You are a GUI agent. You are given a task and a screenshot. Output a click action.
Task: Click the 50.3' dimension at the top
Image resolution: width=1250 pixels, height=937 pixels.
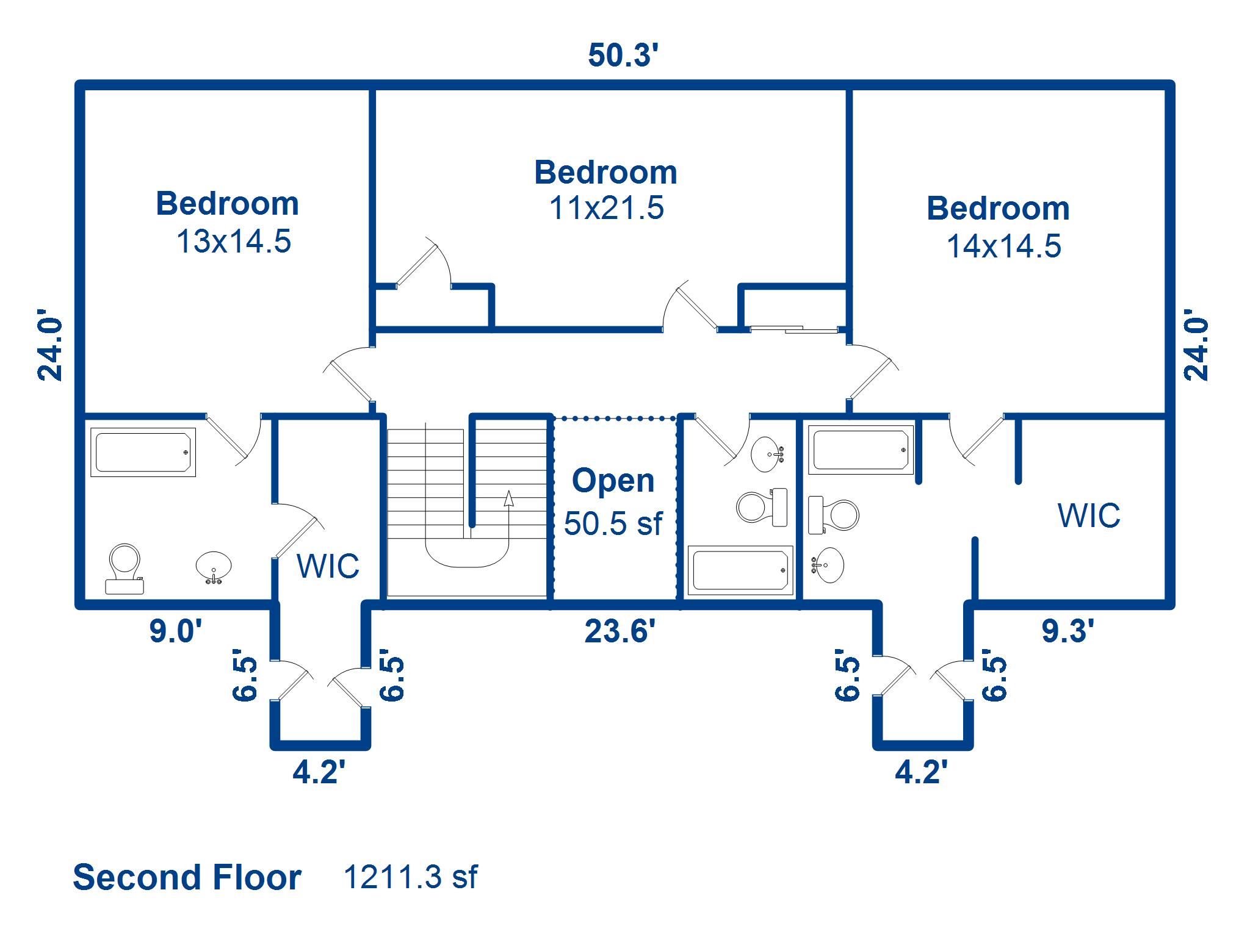(623, 55)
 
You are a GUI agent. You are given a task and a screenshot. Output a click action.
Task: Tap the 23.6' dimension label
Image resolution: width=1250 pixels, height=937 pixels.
(620, 631)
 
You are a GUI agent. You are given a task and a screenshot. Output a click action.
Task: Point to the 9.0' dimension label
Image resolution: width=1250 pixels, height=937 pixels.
(176, 631)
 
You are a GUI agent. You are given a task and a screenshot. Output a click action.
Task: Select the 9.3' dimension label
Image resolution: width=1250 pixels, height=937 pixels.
(1068, 631)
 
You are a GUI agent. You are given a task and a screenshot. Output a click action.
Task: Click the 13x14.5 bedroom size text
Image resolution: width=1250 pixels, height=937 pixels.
(234, 241)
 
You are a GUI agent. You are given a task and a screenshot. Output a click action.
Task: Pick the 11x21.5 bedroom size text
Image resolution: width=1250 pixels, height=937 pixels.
(607, 207)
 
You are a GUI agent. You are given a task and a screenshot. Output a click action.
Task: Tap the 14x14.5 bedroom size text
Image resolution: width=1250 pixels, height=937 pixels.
(1004, 246)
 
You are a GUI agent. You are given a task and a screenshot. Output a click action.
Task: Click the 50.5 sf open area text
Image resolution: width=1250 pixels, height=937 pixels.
(613, 523)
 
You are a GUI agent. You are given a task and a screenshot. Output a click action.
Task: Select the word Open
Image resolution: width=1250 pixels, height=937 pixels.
(613, 481)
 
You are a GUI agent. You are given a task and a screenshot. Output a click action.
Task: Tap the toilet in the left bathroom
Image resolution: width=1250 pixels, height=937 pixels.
(125, 569)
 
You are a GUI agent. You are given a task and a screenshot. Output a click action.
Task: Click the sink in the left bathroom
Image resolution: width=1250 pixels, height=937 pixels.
(214, 567)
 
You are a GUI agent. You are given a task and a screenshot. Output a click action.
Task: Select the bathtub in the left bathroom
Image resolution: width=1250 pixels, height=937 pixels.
(143, 452)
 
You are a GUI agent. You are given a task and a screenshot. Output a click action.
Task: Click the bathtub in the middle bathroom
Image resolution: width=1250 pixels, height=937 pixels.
(740, 570)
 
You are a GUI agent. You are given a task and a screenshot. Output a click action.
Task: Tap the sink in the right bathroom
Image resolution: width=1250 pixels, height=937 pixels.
(828, 565)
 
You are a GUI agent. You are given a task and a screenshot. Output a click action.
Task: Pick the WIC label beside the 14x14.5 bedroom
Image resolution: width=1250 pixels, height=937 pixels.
(1089, 515)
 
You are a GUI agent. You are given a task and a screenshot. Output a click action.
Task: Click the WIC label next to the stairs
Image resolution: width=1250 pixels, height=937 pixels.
(328, 566)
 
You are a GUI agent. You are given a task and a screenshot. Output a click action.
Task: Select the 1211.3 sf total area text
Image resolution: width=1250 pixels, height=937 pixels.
(411, 877)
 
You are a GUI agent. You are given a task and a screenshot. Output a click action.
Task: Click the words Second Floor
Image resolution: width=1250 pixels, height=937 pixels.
(187, 877)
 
